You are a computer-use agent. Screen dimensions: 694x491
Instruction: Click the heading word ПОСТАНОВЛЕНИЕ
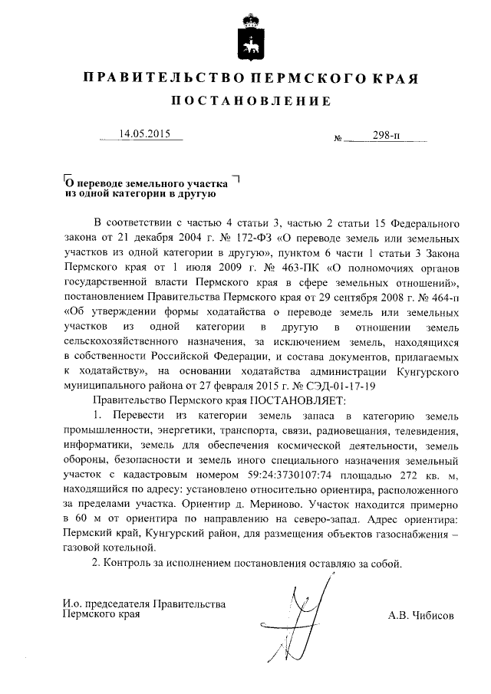coord(251,101)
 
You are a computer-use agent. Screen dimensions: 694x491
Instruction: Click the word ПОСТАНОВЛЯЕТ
coord(298,400)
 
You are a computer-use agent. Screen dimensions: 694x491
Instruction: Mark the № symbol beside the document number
coord(338,139)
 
